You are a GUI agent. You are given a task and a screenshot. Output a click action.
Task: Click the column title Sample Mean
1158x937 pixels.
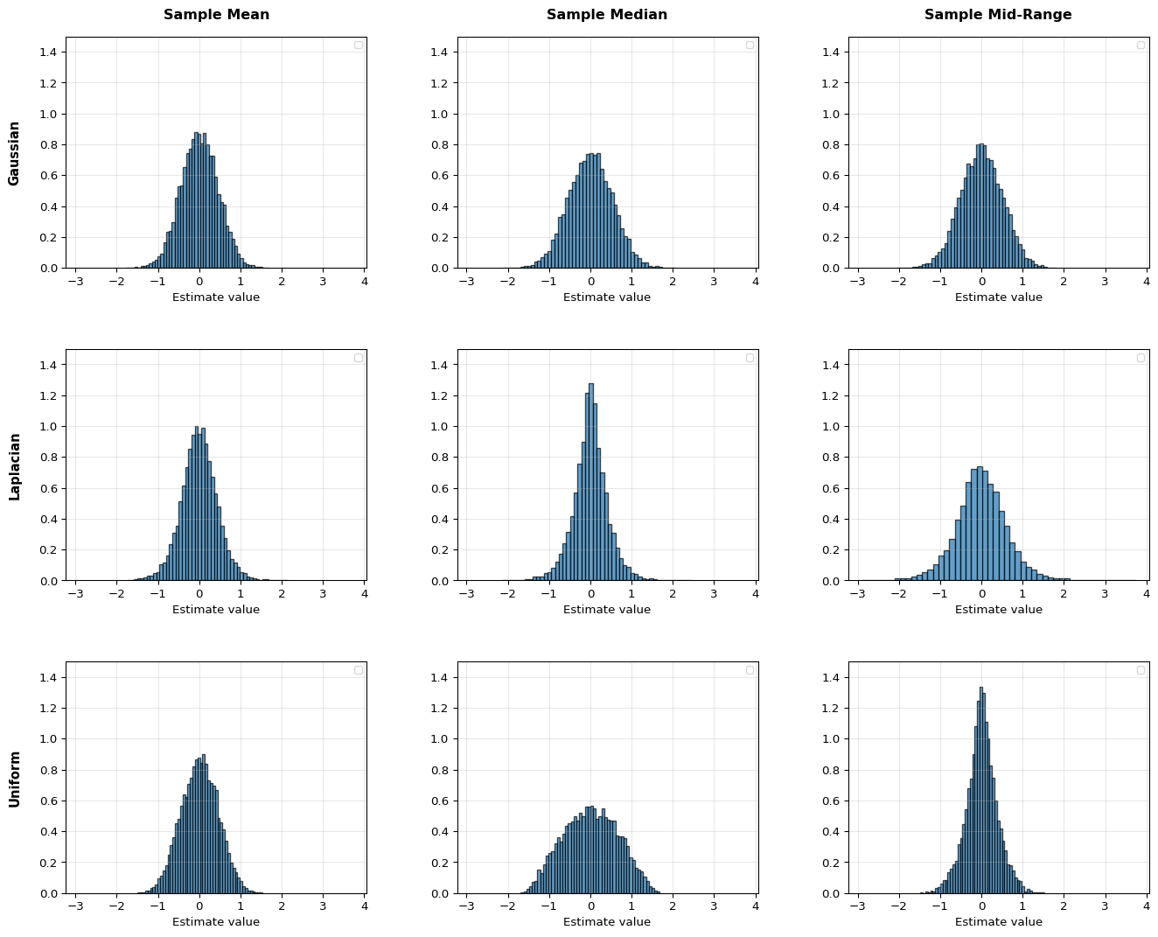click(x=216, y=15)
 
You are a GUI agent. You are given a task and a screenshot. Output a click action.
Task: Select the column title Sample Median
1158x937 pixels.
click(x=607, y=15)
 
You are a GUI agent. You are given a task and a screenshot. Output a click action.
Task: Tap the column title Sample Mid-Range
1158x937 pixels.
click(x=998, y=15)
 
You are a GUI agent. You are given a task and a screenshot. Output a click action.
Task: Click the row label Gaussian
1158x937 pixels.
click(x=14, y=153)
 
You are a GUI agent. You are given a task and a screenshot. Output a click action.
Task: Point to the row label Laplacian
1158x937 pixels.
click(x=14, y=465)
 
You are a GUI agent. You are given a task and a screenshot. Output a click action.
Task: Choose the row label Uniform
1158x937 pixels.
click(x=14, y=779)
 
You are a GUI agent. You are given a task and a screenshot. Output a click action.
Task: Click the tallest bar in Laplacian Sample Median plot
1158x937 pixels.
click(x=590, y=481)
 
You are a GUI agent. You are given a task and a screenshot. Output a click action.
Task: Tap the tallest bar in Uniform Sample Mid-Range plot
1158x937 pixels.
click(x=981, y=790)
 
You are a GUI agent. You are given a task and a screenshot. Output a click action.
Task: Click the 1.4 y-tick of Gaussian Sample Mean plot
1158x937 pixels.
click(x=50, y=52)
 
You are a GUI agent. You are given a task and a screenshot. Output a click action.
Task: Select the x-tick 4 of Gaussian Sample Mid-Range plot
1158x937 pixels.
click(x=1146, y=282)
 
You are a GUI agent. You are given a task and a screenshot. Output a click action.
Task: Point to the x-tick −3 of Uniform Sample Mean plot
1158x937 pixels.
click(x=75, y=907)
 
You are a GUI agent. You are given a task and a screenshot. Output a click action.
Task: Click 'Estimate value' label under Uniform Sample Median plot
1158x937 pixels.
click(x=607, y=921)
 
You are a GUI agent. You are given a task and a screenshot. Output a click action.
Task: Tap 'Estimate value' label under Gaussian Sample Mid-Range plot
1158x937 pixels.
click(x=998, y=297)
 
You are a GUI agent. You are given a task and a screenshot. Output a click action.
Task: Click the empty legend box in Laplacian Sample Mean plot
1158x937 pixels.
click(x=358, y=358)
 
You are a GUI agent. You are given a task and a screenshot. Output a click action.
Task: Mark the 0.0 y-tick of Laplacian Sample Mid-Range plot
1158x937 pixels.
click(x=833, y=581)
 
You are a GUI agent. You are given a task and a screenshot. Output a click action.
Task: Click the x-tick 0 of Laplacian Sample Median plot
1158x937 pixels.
click(x=590, y=594)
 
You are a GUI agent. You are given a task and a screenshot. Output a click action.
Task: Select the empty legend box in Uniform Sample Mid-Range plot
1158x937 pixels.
click(x=1141, y=670)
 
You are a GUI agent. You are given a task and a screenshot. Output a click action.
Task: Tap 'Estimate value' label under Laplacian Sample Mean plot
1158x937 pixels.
click(x=216, y=609)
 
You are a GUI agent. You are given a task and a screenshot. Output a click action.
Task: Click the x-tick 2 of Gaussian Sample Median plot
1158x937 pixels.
click(x=673, y=282)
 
